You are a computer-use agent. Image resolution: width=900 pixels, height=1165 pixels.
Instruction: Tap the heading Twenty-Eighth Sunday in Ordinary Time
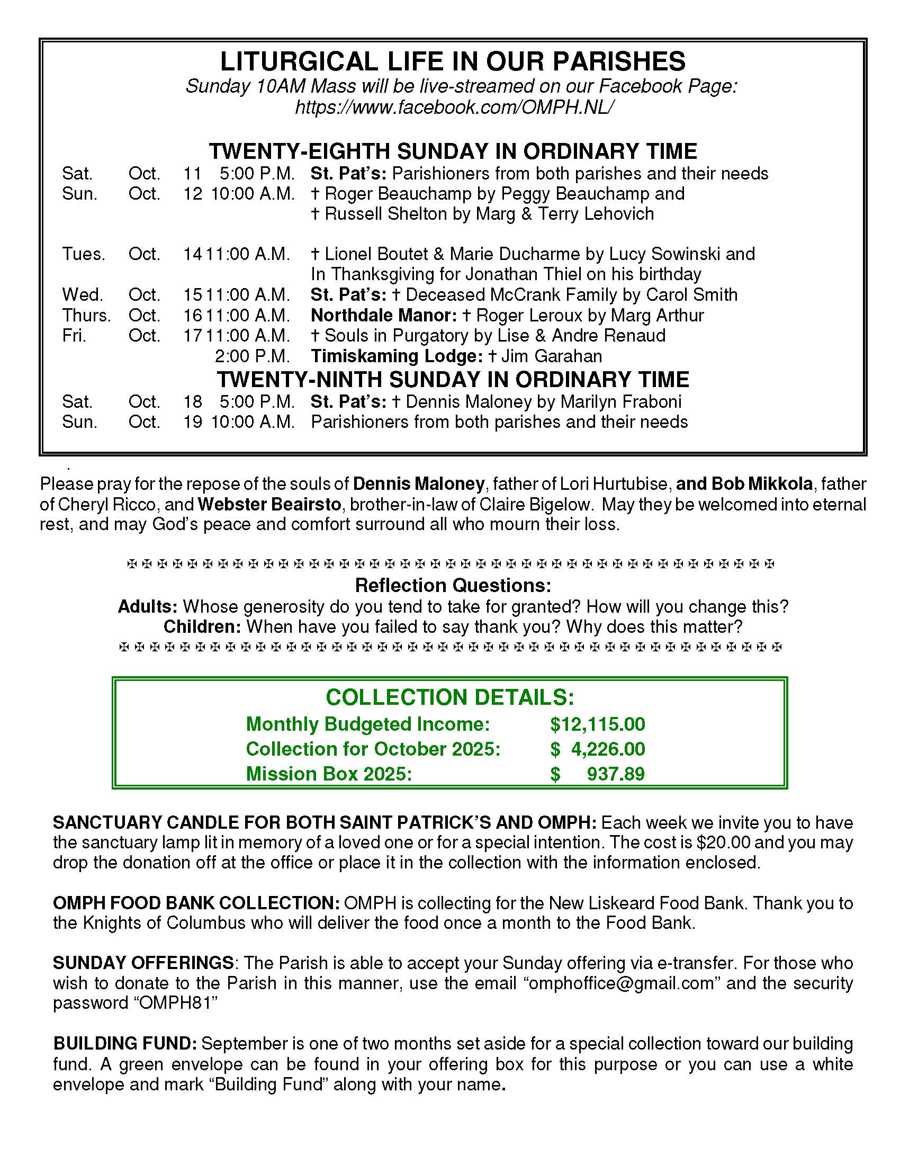(x=453, y=151)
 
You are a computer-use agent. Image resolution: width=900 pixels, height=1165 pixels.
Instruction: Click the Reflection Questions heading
(x=453, y=586)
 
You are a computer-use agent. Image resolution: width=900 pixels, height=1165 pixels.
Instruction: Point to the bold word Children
(x=202, y=626)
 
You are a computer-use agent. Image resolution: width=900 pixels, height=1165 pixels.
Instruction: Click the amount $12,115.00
(x=597, y=724)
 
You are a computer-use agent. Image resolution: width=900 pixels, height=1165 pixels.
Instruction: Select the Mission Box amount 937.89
(x=615, y=774)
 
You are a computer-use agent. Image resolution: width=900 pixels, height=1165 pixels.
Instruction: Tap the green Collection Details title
(x=449, y=697)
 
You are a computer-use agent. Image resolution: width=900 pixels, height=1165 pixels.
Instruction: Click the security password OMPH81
(x=177, y=1003)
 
